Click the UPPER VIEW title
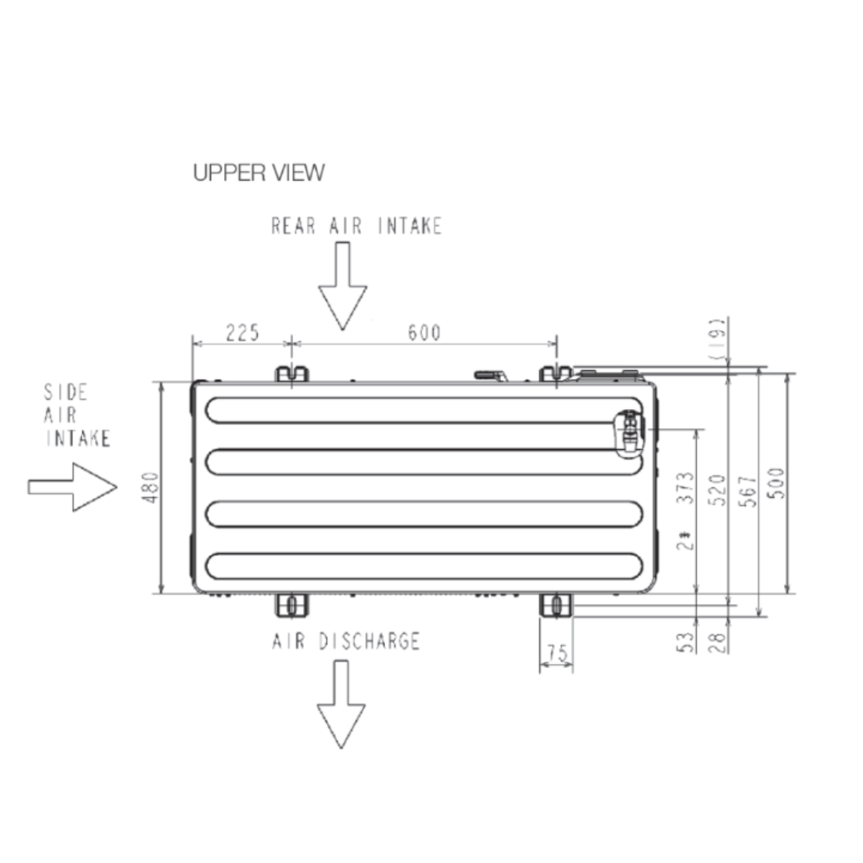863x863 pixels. coord(259,173)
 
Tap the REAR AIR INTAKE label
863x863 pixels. coord(356,226)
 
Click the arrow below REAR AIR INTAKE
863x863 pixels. coord(342,286)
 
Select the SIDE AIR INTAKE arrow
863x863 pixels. coord(73,487)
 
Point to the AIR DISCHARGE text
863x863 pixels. coord(346,641)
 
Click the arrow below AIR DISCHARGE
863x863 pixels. coord(341,705)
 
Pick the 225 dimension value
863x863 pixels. coord(243,332)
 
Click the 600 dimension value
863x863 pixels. coord(424,332)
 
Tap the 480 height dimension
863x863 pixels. coord(150,487)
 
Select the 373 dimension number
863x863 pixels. coord(686,487)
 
